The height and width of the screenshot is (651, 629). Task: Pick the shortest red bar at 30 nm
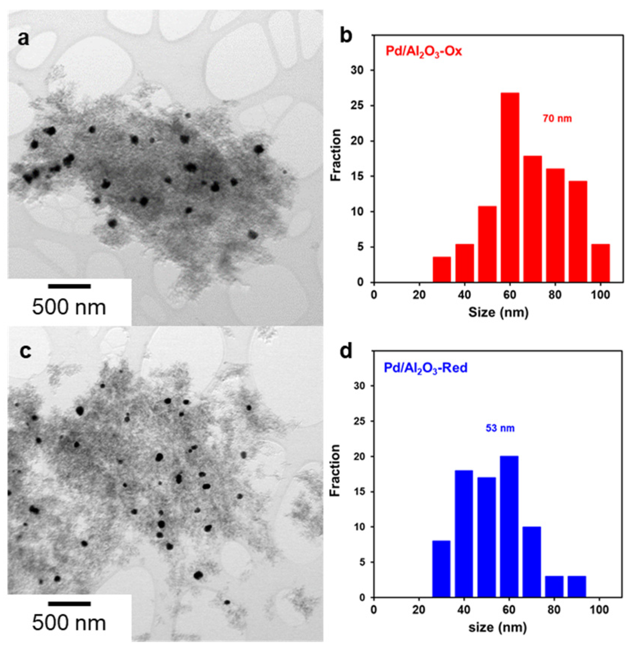click(442, 269)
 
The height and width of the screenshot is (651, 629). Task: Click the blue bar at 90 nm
click(577, 587)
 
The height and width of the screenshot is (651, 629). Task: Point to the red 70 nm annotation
click(557, 119)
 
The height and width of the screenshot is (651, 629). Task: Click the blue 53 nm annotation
click(499, 428)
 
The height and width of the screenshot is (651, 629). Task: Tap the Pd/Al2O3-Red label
click(426, 367)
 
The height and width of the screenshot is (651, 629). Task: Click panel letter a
click(23, 38)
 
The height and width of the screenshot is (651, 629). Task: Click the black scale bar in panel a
click(69, 286)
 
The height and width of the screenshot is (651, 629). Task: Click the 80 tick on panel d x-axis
click(554, 610)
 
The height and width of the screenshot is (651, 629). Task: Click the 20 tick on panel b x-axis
click(419, 294)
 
